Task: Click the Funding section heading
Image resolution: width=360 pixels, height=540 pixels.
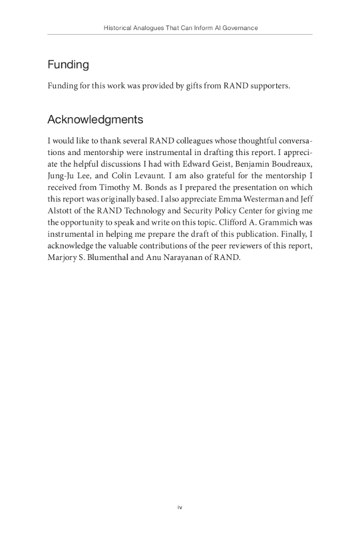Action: click(68, 65)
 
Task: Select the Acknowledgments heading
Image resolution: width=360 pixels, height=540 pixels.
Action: click(95, 120)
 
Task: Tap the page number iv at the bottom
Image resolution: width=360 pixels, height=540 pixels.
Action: click(180, 507)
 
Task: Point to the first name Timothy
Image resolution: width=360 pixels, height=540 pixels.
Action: click(115, 187)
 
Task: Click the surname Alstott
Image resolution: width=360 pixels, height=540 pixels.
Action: click(61, 211)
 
